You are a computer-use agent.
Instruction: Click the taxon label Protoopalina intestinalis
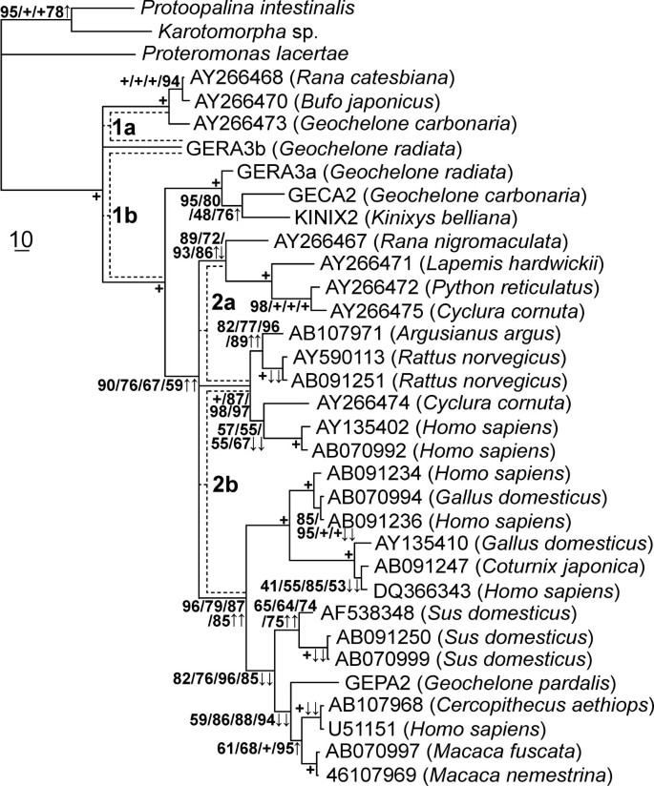[x=246, y=10]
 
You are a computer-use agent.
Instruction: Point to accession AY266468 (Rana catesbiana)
[x=322, y=77]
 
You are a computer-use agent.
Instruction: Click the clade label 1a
[x=119, y=127]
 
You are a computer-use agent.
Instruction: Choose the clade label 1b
[x=124, y=216]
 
